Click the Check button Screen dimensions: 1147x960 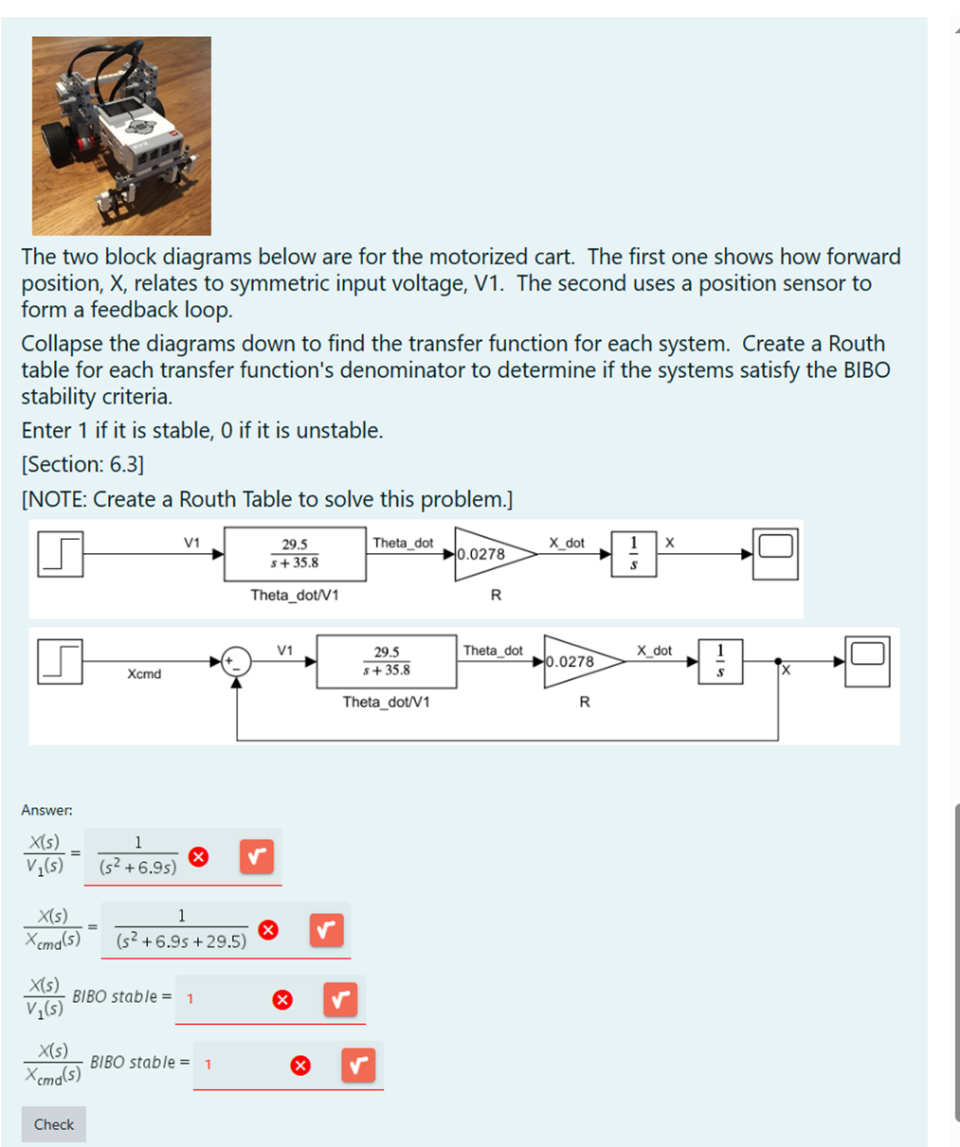53,1124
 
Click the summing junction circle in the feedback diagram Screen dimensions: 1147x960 237,661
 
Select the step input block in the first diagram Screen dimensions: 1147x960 61,553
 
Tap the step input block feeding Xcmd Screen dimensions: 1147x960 61,661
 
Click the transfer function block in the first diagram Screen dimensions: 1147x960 295,554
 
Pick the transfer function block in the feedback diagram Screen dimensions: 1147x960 387,661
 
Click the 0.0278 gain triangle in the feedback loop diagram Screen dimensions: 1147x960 577,661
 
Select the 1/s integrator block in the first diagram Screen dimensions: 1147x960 634,554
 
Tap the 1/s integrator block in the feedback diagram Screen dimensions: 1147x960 720,661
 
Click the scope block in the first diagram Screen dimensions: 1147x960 775,553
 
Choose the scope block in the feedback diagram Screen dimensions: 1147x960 867,661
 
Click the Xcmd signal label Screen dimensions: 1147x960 144,674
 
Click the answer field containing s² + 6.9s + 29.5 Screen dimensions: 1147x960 181,929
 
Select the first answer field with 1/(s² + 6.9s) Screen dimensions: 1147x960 137,856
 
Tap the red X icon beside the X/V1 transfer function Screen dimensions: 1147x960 198,857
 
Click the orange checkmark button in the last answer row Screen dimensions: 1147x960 358,1066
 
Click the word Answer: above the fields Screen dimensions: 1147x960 46,810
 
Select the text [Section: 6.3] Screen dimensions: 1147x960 82,464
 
